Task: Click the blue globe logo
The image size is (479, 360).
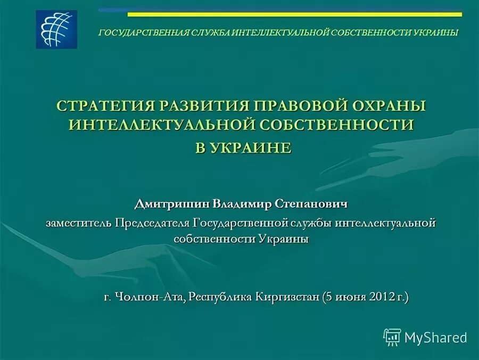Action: [x=56, y=30]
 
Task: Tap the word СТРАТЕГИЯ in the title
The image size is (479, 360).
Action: [x=101, y=105]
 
